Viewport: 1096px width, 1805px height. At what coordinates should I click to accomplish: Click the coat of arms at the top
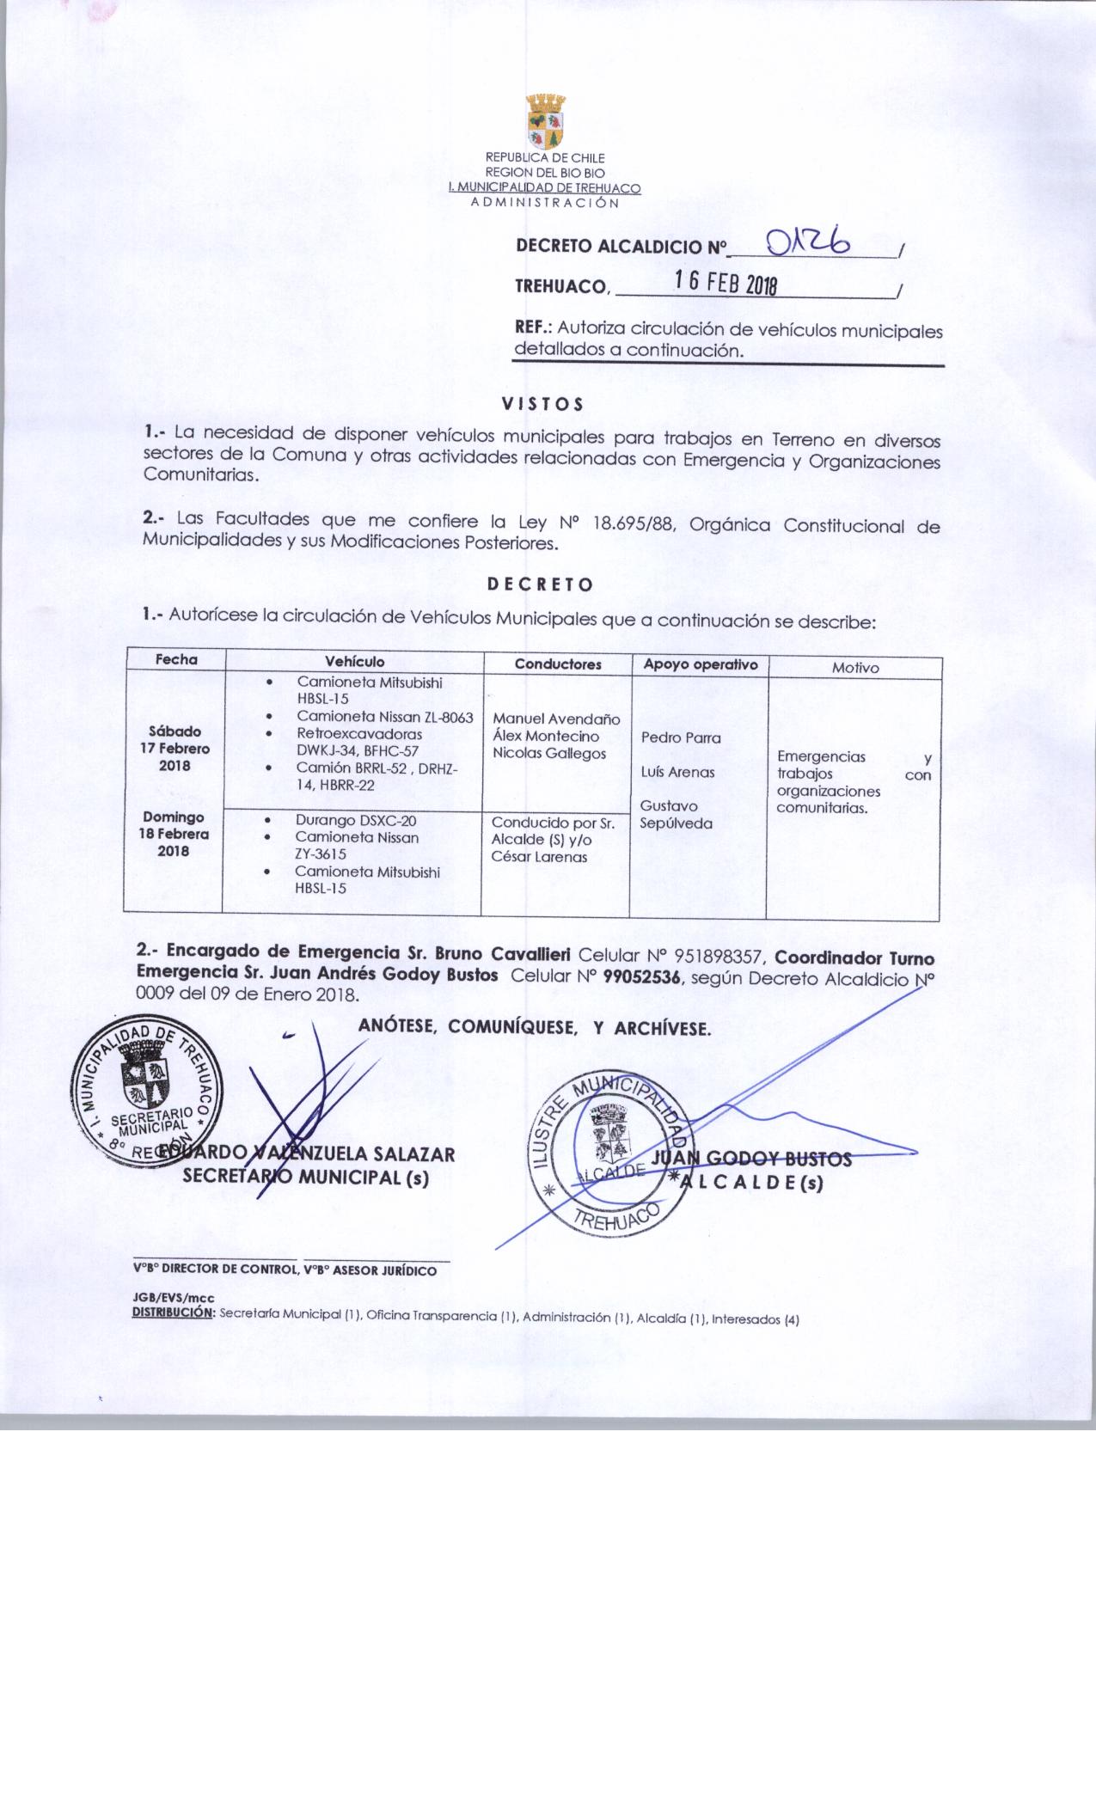pyautogui.click(x=545, y=120)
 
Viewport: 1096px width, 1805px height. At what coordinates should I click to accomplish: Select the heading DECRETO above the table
pyautogui.click(x=540, y=584)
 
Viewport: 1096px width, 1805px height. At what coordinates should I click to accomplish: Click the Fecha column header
pyautogui.click(x=176, y=659)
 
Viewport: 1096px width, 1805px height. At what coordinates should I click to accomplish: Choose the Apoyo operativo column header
pyautogui.click(x=700, y=664)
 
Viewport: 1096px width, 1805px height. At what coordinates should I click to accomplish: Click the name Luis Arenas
pyautogui.click(x=677, y=772)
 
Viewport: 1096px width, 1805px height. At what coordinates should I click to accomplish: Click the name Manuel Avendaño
pyautogui.click(x=556, y=719)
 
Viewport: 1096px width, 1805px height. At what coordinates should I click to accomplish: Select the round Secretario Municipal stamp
pyautogui.click(x=150, y=1092)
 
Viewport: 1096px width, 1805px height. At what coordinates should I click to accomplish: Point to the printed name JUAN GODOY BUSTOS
pyautogui.click(x=752, y=1159)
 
